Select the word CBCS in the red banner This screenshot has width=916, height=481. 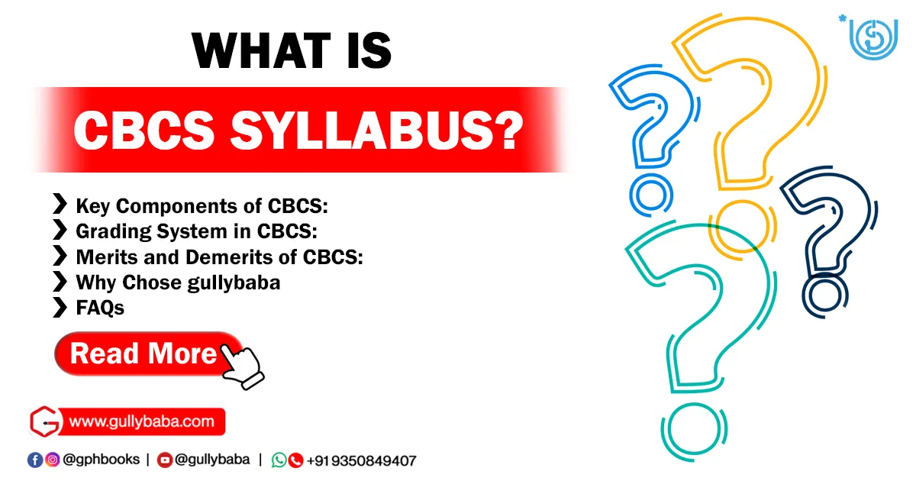point(144,131)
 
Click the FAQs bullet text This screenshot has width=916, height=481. point(100,308)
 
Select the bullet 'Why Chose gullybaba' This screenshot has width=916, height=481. point(178,282)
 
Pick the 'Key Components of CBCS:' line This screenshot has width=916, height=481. point(202,205)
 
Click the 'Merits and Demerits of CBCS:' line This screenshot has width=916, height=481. point(219,257)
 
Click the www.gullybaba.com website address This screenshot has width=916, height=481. point(144,421)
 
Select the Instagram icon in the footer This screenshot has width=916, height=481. point(52,460)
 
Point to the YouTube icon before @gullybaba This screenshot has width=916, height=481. point(164,460)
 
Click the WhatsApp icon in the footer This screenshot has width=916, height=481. point(279,460)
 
